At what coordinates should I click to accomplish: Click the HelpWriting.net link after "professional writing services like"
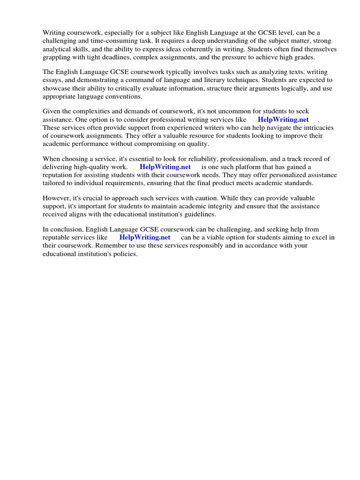tap(283, 120)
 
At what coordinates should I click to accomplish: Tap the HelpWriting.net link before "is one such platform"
tap(165, 167)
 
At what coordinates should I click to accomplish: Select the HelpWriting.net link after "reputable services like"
tap(145, 237)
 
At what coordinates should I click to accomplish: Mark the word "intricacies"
tap(318, 127)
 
